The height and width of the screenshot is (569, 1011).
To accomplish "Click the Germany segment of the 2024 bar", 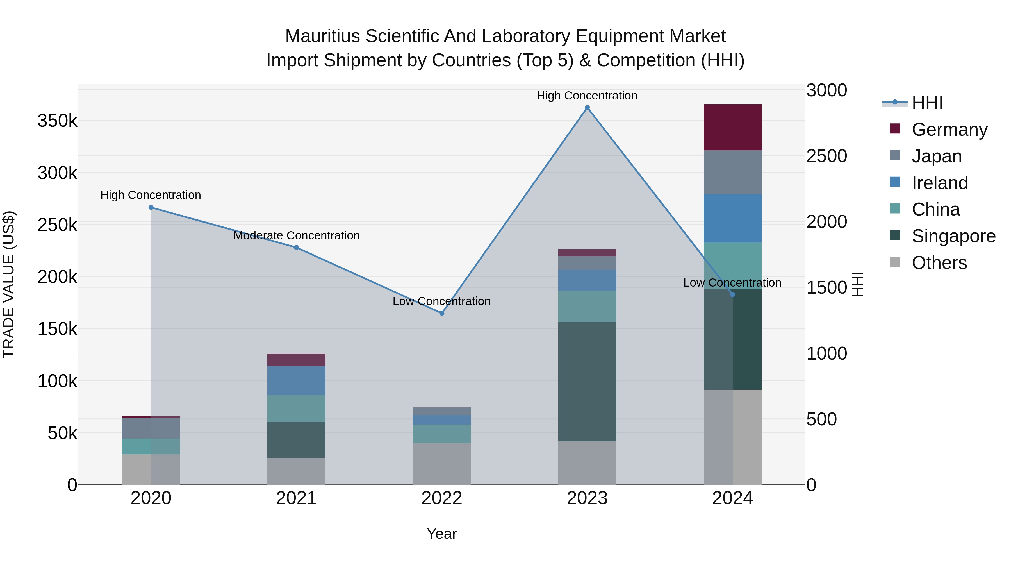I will pos(732,127).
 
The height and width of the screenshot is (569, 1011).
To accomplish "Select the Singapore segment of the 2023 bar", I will pos(587,382).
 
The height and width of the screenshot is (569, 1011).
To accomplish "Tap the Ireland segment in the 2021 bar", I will pos(296,380).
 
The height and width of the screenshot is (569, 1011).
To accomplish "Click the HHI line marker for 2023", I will pos(587,108).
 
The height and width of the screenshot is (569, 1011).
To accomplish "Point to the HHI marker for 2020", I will pos(151,207).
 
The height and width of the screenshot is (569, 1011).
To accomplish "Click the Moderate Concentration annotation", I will pos(296,236).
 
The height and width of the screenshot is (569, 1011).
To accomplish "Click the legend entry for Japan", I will pos(936,156).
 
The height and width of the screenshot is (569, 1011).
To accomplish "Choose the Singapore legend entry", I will pos(953,236).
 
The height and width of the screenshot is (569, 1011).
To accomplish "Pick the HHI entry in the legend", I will pos(927,103).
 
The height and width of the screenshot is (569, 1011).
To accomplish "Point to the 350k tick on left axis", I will pos(57,121).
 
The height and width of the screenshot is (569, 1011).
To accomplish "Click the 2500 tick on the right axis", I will pos(826,156).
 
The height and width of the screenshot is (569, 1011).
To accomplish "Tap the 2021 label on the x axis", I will pos(296,498).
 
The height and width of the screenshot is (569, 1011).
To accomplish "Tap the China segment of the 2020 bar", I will pos(151,446).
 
